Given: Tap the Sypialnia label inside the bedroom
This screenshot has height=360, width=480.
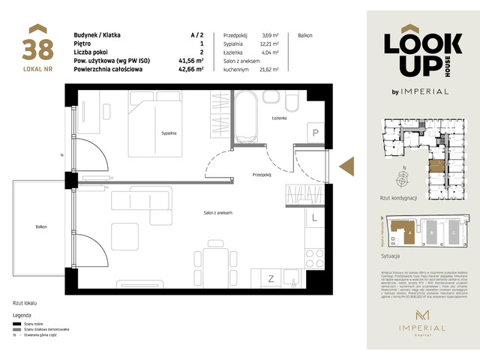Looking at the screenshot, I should tap(168, 133).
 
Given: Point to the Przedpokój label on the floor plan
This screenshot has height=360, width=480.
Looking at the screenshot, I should tap(261, 174).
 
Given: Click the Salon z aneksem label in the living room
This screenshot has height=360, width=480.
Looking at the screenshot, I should tap(217, 214).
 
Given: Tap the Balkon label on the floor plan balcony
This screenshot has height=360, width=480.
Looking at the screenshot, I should tap(40, 226).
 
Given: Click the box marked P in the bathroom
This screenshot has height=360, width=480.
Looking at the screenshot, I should tap(316, 133).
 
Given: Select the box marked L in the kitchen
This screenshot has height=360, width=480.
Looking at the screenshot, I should tap(316, 218).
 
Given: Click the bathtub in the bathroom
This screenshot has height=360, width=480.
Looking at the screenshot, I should tap(245, 118).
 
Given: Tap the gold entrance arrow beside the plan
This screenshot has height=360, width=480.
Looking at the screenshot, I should tap(347, 166).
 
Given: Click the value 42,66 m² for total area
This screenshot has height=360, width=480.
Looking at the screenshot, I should tap(197, 69).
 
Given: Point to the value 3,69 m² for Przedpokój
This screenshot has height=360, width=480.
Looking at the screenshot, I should tap(270, 35).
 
